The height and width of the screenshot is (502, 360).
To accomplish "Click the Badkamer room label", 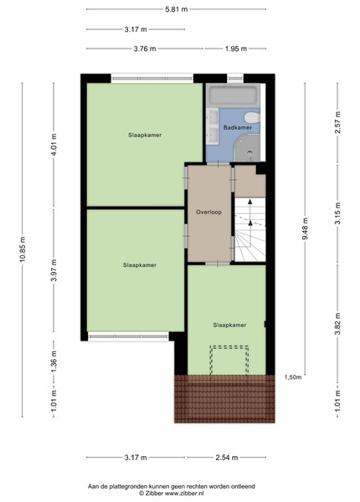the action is coord(237,127).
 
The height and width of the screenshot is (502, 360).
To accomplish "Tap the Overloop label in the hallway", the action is coord(208,212).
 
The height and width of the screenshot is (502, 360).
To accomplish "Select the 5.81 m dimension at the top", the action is coord(176,9).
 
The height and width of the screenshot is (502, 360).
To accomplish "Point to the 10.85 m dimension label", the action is coord(22,249).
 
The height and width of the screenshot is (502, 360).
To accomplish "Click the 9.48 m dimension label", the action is coord(305,228).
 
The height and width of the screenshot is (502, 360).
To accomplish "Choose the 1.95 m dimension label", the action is coord(236,49).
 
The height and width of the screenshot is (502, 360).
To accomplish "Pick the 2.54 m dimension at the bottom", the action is coord(227,458).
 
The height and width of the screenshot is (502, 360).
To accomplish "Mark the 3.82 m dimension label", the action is coord(337,324).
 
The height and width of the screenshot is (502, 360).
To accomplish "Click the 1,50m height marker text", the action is coord(293,377).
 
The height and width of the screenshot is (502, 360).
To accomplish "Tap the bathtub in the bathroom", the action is coord(233,95).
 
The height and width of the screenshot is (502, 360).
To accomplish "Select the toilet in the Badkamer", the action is coord(252,117).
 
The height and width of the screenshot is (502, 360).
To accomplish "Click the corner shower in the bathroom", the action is coord(247,147).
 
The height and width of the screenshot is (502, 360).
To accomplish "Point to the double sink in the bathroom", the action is coord(213,126).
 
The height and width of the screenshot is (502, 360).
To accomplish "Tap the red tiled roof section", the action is coord(224,399).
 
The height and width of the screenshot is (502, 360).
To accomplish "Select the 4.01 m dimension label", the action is coord(54,145).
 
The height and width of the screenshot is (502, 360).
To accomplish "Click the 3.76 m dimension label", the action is coord(145,49).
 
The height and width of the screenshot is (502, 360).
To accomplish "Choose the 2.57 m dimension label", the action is coord(337,123).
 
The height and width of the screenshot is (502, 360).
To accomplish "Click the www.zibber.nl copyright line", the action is coord(171,494).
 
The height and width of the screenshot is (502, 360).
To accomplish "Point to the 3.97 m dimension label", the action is coord(54,270).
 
